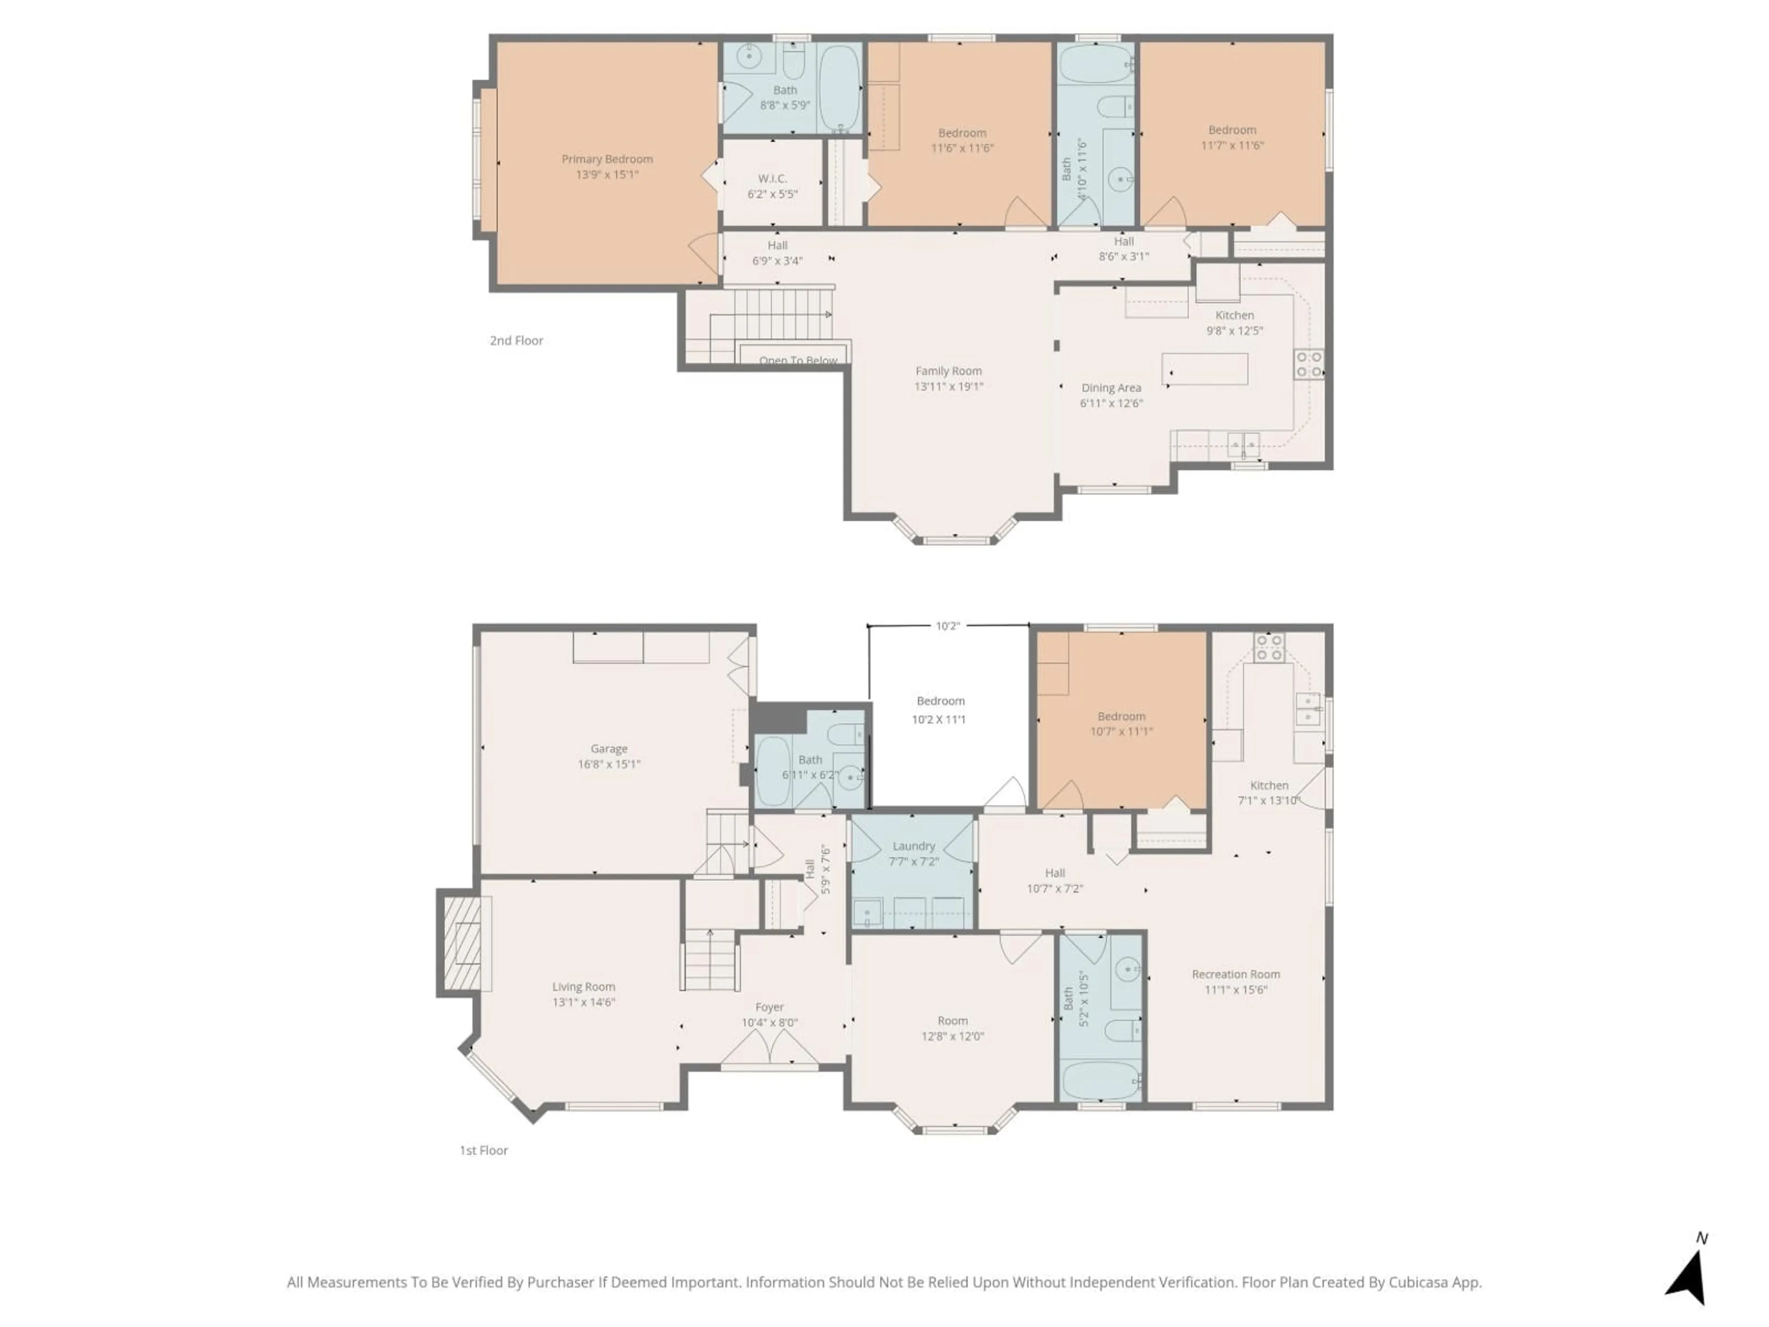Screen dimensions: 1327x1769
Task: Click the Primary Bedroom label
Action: (607, 159)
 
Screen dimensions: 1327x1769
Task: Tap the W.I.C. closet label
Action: (773, 178)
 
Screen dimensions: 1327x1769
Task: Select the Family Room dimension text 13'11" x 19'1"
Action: (949, 386)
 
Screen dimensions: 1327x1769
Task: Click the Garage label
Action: (609, 749)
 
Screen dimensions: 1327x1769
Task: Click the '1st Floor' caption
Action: (484, 1150)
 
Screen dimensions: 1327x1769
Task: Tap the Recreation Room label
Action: (1236, 974)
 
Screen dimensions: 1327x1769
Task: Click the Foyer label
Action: (769, 1007)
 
